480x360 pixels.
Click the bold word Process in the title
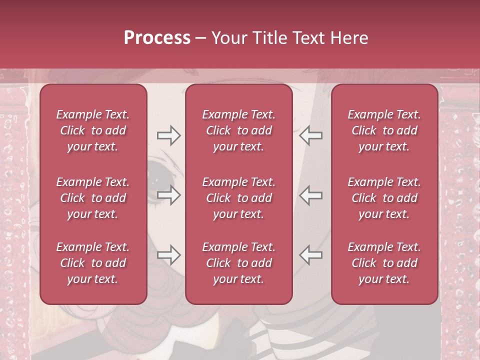(157, 38)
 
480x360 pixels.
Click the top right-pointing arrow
(168, 135)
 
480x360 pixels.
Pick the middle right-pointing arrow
(168, 195)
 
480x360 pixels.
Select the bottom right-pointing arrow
(168, 255)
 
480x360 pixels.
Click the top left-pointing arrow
(310, 135)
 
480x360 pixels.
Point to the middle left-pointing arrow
(310, 195)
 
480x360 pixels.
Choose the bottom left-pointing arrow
(310, 255)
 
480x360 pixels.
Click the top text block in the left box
(93, 130)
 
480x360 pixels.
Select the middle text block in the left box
(93, 198)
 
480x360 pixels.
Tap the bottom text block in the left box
(93, 263)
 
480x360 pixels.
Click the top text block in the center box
(239, 130)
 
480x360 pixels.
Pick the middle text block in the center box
(239, 198)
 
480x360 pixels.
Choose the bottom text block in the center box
(239, 263)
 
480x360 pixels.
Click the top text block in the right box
(384, 130)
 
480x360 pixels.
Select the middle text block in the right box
(384, 198)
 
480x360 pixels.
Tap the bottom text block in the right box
(384, 263)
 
